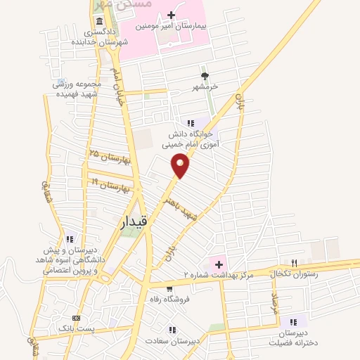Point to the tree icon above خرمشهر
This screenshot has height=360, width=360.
coord(205,76)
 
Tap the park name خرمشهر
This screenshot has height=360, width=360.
coord(205,86)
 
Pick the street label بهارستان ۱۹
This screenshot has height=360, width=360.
coord(112,185)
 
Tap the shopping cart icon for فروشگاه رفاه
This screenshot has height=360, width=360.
coord(169,288)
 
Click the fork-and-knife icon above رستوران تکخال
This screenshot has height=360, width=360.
coord(294,262)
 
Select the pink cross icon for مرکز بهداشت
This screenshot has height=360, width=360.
coord(219,264)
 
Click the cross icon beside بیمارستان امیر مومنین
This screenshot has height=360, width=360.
coord(172,14)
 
